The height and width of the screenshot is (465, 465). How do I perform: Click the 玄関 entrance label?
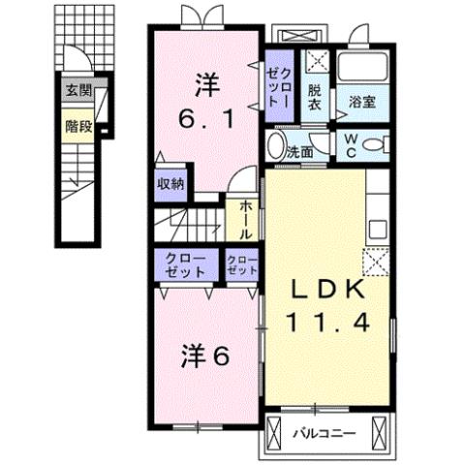(x=78, y=92)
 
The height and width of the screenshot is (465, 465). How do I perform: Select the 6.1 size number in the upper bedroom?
(x=205, y=120)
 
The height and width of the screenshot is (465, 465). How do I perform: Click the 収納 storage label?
(x=170, y=183)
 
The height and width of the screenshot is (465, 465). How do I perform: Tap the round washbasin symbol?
(x=275, y=149)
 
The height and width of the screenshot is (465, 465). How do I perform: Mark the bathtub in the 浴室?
(x=362, y=68)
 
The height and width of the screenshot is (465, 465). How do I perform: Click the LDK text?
(x=325, y=290)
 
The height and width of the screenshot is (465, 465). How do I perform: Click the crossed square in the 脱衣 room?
(x=317, y=64)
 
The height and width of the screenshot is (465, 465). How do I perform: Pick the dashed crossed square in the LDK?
(x=373, y=261)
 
